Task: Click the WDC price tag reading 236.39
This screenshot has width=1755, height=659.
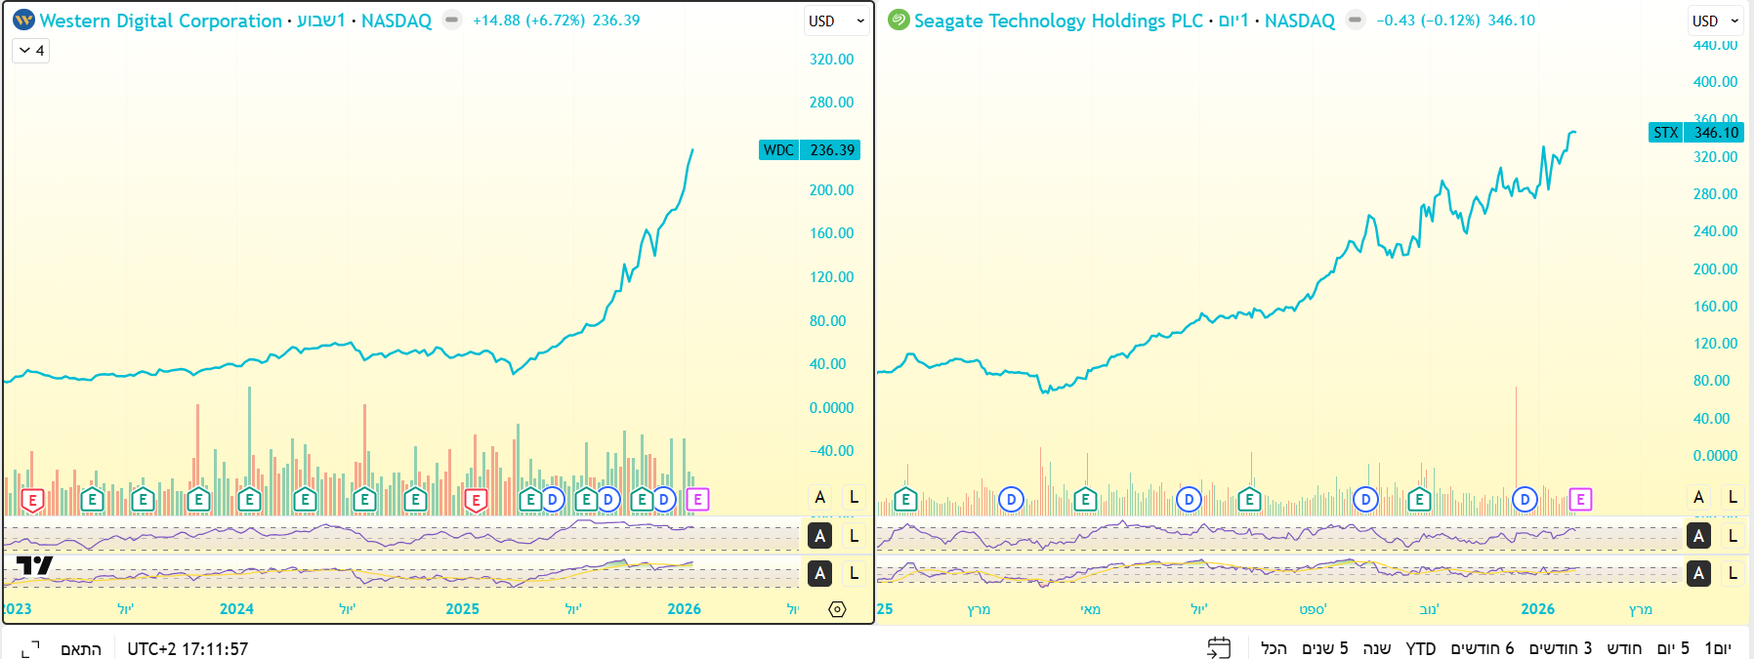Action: [831, 149]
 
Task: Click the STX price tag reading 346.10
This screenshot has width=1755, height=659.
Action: [1716, 133]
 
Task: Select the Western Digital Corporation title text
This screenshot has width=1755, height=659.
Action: [161, 21]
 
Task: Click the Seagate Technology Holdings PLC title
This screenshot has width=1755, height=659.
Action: [1058, 21]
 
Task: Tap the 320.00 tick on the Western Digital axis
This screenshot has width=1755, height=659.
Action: [831, 60]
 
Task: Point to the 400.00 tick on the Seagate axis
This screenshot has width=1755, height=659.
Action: [1715, 82]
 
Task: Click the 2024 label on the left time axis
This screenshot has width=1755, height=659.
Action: [236, 609]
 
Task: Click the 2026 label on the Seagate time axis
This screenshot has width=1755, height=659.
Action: [1537, 609]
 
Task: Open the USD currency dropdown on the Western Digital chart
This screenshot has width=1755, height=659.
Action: [836, 21]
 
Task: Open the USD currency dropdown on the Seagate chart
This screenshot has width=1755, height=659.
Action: [1716, 21]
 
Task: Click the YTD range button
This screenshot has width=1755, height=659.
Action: [1421, 648]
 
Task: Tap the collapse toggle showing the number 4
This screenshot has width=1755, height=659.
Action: [31, 51]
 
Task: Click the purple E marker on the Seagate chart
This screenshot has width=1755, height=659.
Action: [1580, 500]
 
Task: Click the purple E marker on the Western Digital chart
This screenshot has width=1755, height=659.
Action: [697, 500]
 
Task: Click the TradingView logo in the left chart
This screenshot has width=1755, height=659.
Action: [34, 565]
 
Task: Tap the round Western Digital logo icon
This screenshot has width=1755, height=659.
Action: [23, 21]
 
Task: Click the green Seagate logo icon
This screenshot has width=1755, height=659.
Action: [898, 21]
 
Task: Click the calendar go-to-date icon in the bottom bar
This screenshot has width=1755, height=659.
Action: [1219, 648]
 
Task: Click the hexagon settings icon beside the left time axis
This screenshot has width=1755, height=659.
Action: [837, 609]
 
